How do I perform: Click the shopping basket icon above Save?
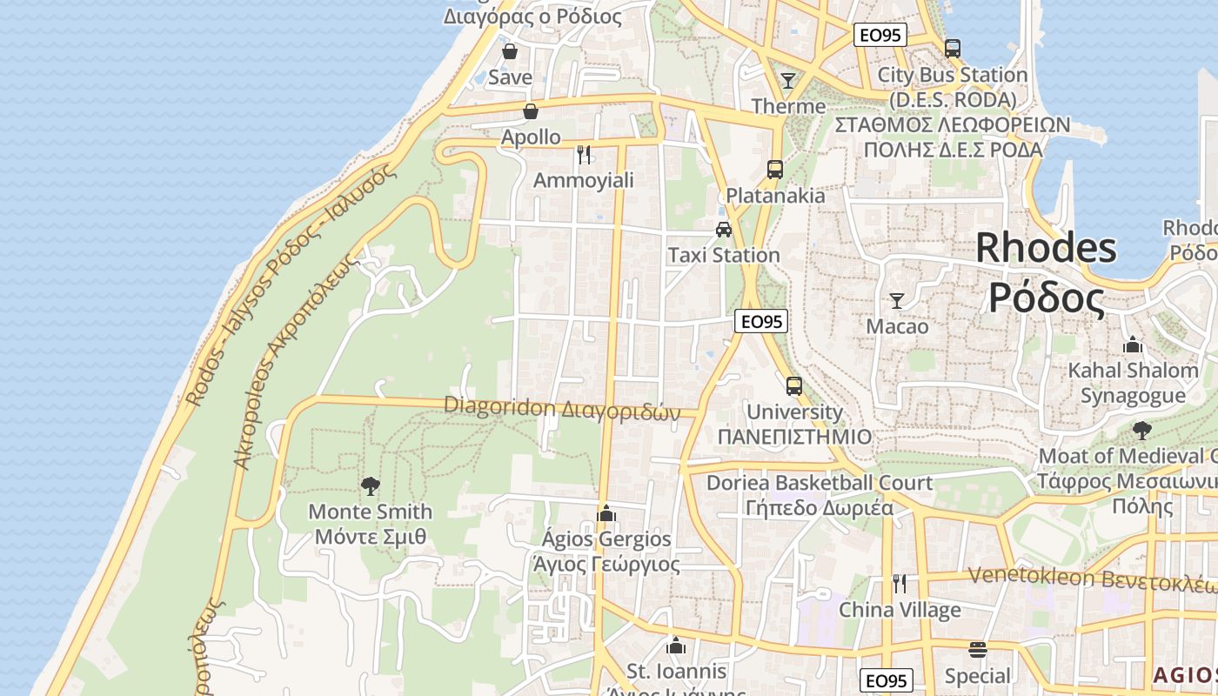[x=510, y=51]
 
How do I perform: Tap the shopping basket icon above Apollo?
[x=530, y=111]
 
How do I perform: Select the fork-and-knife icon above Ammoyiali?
[x=584, y=155]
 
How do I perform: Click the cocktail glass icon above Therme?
[x=788, y=81]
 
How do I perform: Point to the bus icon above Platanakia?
[x=775, y=169]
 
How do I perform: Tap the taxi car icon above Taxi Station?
[x=723, y=230]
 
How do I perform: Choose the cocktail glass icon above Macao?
[x=897, y=301]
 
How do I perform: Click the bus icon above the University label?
[x=794, y=386]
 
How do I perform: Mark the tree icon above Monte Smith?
[x=371, y=485]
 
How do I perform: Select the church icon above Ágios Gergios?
[x=606, y=513]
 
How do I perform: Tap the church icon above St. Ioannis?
[x=676, y=646]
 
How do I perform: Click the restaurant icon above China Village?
[x=900, y=583]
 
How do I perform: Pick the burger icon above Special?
[x=978, y=650]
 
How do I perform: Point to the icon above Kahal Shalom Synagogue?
[x=1133, y=345]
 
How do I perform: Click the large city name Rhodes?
[x=1046, y=248]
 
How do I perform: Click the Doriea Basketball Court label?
[x=819, y=482]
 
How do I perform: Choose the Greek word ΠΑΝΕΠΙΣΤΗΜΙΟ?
[x=794, y=437]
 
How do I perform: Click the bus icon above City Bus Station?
[x=953, y=49]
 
